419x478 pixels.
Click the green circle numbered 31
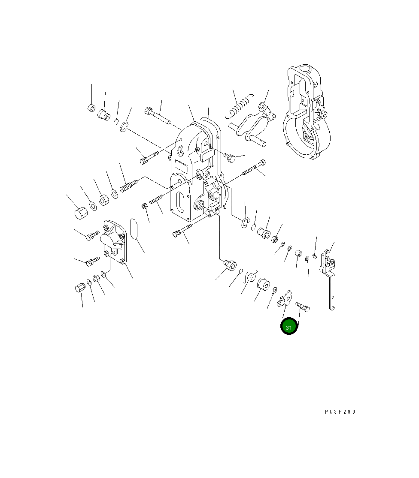[288, 326]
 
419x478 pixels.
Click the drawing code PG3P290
[340, 412]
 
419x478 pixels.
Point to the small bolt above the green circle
[302, 307]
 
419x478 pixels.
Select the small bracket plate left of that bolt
[285, 299]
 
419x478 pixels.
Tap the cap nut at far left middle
[81, 213]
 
